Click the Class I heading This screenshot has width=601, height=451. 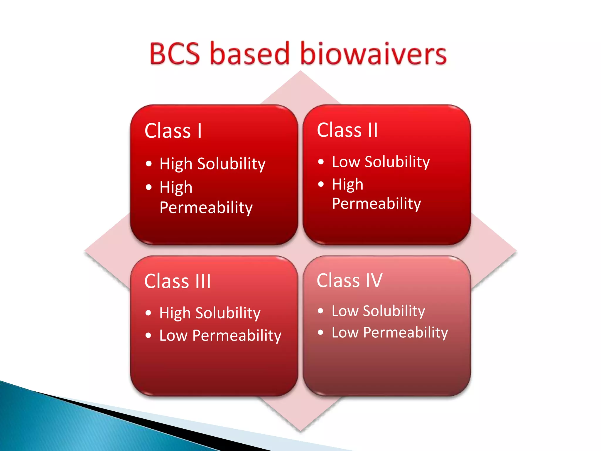click(173, 131)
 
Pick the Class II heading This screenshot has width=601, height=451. click(347, 130)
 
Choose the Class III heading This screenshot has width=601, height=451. click(178, 281)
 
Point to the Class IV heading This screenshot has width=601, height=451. click(350, 280)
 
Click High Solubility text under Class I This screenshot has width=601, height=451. click(212, 164)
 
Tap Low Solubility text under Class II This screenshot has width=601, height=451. click(381, 162)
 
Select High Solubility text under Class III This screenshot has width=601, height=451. click(210, 313)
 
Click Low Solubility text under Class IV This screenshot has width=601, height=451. click(378, 311)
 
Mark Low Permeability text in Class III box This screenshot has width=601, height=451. click(220, 335)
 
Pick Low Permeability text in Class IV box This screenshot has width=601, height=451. click(390, 332)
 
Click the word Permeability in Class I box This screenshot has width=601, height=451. click(206, 208)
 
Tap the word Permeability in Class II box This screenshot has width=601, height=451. click(377, 203)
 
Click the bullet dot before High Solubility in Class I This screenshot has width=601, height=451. click(149, 164)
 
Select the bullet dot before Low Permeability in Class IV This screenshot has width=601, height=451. click(320, 332)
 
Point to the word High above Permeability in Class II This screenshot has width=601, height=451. click(347, 184)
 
